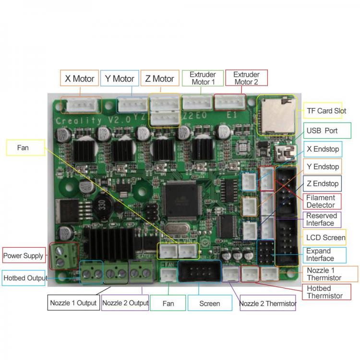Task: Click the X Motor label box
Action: pyautogui.click(x=80, y=78)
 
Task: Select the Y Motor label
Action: pyautogui.click(x=120, y=78)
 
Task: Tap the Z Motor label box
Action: pyautogui.click(x=160, y=78)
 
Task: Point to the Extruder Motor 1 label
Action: pyautogui.click(x=203, y=78)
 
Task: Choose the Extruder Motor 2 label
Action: pyautogui.click(x=246, y=78)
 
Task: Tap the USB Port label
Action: pyautogui.click(x=321, y=131)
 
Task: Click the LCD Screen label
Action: pyautogui.click(x=325, y=238)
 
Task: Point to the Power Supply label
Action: pyautogui.click(x=24, y=256)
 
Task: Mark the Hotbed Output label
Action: pyautogui.click(x=25, y=278)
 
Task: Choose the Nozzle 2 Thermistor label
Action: pyautogui.click(x=267, y=303)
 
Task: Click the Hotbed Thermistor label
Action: pyautogui.click(x=325, y=292)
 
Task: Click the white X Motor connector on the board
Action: pyautogui.click(x=81, y=106)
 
